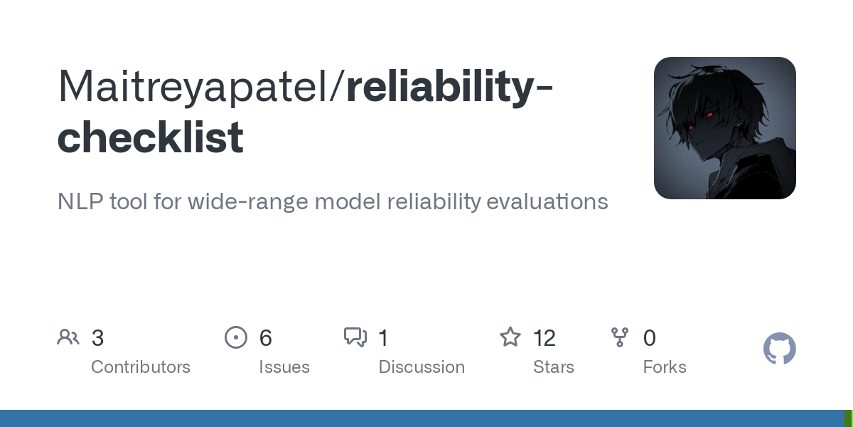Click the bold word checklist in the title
[150, 137]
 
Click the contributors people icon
[68, 337]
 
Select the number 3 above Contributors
[98, 338]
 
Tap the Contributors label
[141, 367]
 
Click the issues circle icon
[235, 337]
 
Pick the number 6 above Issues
[266, 338]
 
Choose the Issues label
[284, 367]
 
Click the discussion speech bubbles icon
[355, 337]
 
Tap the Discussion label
[422, 367]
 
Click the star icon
[510, 337]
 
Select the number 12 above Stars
[544, 338]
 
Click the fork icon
[620, 337]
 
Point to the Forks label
[665, 367]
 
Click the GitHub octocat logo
[779, 349]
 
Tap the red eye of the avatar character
[709, 114]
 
